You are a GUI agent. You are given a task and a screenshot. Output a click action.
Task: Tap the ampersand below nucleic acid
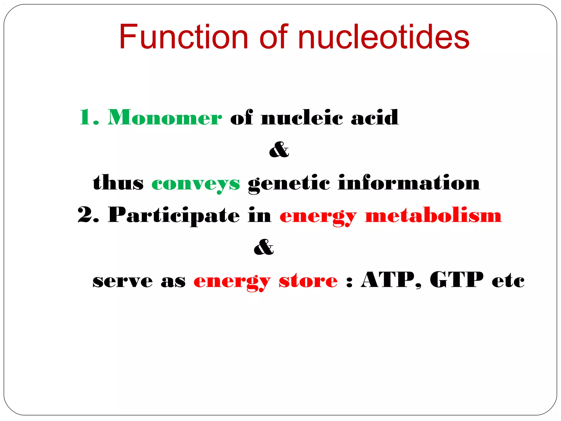(x=279, y=150)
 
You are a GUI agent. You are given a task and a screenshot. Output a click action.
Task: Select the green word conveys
(x=196, y=183)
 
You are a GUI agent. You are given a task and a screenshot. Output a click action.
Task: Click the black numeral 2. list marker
(x=88, y=215)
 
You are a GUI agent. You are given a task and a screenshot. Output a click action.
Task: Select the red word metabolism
(x=433, y=215)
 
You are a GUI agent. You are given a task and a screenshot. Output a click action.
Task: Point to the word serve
(x=122, y=281)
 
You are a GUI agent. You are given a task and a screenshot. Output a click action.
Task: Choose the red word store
(x=308, y=281)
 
